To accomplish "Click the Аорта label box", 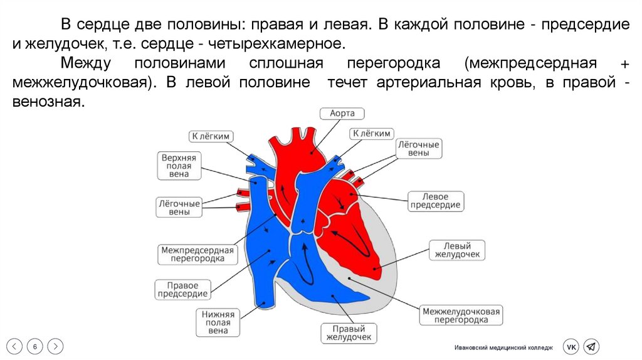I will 342,114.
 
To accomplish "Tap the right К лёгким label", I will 371,133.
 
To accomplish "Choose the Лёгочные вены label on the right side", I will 418,148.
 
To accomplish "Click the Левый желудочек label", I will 457,250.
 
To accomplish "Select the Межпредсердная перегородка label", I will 197,254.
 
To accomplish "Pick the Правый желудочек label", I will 348,333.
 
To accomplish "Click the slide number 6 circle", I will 35,346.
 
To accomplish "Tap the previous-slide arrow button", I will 15,346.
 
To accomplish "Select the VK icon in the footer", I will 571,346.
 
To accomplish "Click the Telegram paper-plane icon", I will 591,346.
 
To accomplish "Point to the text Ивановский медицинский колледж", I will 503,347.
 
